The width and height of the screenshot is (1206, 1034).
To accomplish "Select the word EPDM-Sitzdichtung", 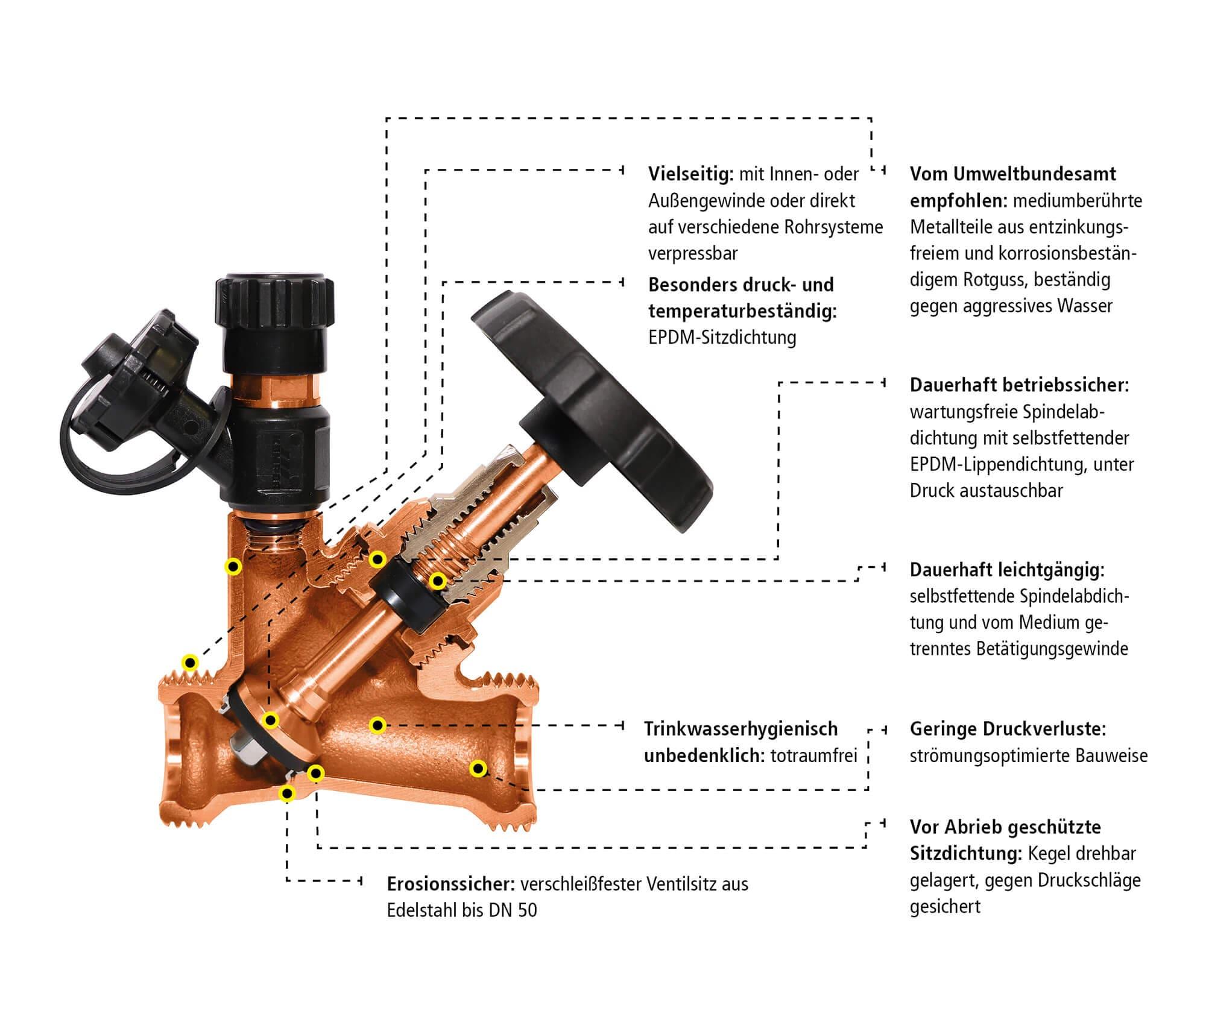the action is [x=722, y=338].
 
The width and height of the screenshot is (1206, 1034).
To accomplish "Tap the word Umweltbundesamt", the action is [x=1035, y=174].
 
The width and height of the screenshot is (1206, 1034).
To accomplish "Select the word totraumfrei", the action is [x=814, y=755].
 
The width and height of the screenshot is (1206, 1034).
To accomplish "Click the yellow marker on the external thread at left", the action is [x=191, y=663].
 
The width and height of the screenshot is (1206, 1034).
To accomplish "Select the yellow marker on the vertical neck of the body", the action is [x=233, y=567].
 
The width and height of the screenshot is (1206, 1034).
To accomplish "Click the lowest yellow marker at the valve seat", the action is [x=288, y=793].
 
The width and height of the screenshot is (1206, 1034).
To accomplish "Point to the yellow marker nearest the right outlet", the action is [x=478, y=769].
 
